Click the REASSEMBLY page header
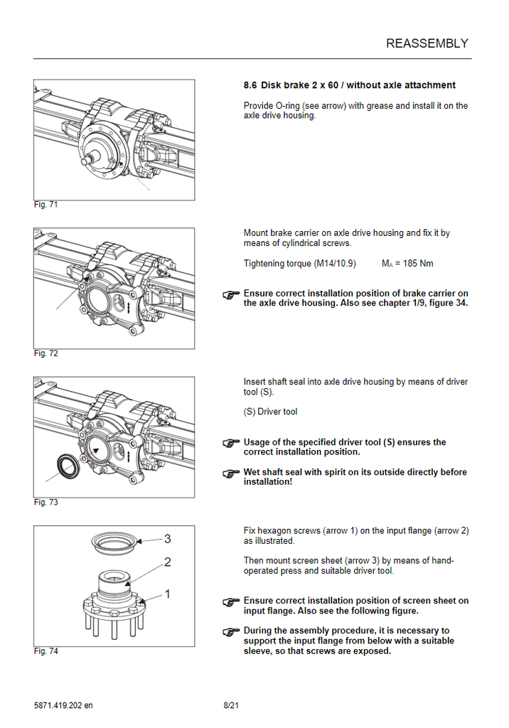(x=427, y=43)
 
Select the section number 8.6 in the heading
(x=250, y=85)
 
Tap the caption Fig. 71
(x=45, y=205)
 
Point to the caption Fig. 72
(x=45, y=353)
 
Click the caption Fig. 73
(x=45, y=503)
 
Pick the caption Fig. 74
(x=45, y=651)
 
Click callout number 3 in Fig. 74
(x=167, y=539)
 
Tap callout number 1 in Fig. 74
(x=167, y=593)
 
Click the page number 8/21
(x=230, y=705)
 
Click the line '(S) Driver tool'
(x=270, y=412)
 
